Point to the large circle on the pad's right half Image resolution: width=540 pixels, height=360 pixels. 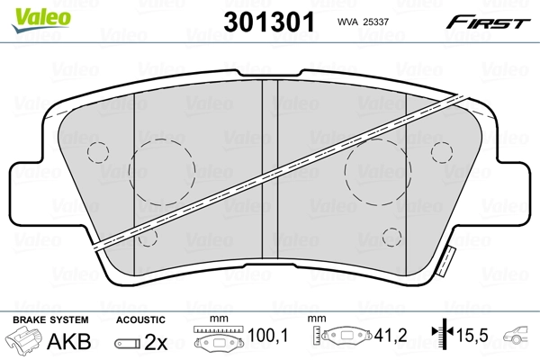tap(377, 171)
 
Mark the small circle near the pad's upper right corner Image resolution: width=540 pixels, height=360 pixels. tap(441, 150)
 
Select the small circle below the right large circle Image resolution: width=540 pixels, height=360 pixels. tap(391, 237)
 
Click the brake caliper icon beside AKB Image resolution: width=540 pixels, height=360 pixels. tap(22, 341)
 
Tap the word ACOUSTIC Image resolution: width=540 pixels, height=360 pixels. tap(140, 319)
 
